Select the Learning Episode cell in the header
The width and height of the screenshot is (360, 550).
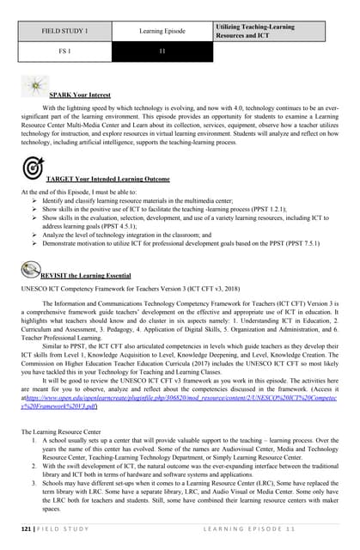(162, 31)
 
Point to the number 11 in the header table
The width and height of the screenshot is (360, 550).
(162, 52)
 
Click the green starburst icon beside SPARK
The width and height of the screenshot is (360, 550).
(34, 85)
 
